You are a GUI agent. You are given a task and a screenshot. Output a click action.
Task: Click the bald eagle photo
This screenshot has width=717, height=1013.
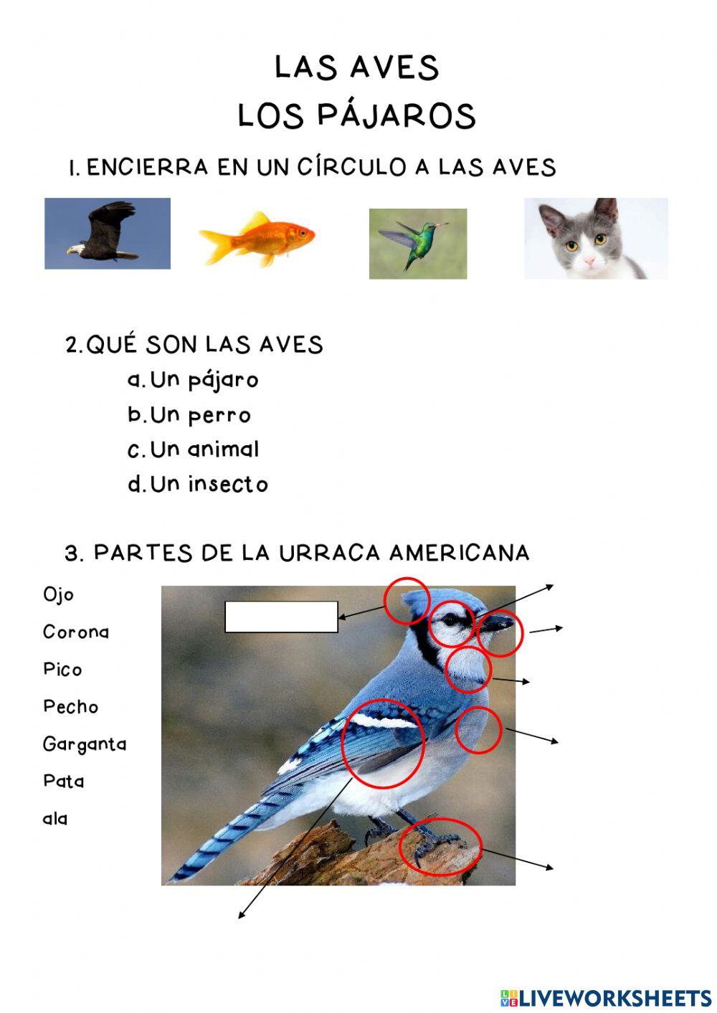108,234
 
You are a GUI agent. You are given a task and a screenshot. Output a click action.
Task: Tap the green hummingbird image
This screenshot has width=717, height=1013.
417,244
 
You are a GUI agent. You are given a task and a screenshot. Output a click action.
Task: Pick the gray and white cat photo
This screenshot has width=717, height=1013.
596,239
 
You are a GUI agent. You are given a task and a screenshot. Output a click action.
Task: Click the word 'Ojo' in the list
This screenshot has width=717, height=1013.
58,595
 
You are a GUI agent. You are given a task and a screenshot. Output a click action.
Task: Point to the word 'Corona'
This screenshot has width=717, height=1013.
76,632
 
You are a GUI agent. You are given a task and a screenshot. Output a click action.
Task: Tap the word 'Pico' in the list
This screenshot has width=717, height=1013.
62,670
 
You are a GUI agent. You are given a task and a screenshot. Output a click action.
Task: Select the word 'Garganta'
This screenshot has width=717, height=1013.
85,744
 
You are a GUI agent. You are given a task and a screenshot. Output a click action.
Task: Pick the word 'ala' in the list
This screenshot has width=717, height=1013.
55,819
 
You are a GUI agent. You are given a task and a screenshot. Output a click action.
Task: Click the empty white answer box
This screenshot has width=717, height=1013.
281,617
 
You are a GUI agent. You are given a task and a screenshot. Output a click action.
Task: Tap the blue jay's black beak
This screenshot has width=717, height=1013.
495,624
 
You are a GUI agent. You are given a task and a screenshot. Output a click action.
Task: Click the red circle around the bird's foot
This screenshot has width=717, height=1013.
440,847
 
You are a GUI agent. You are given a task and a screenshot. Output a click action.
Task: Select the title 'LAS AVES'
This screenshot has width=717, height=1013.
356,67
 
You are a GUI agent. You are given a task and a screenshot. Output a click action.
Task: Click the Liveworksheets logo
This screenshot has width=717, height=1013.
606,997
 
